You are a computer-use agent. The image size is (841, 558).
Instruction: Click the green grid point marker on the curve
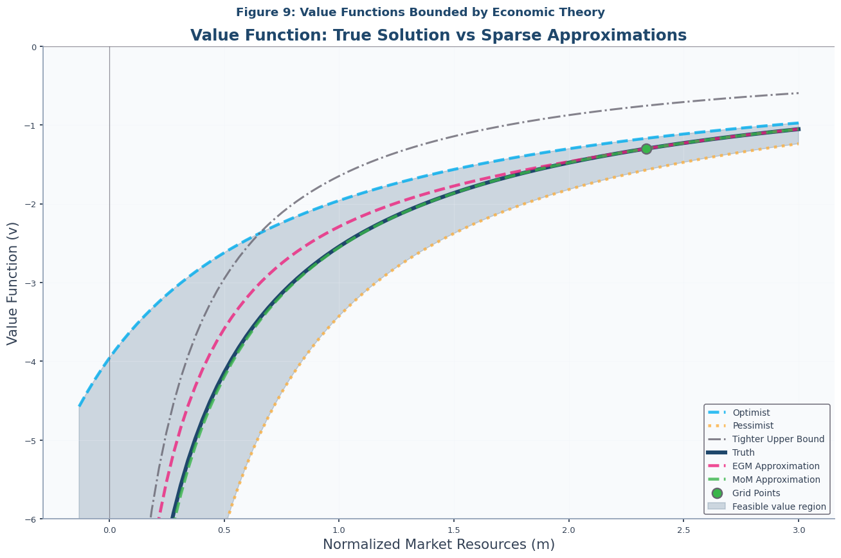646,149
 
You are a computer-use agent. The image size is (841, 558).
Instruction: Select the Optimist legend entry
751,413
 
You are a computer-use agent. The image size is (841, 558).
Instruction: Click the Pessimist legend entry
752,426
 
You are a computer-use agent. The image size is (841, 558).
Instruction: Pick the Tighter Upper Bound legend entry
778,440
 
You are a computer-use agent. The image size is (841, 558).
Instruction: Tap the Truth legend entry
743,452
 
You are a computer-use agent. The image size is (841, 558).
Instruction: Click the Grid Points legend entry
756,493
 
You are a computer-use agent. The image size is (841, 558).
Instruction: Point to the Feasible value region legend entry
779,507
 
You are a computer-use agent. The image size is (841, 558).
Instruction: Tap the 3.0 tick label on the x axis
798,530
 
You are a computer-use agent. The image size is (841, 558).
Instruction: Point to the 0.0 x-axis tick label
109,530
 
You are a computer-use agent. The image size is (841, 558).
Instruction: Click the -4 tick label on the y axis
32,361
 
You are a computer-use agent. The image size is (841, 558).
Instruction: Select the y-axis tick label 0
35,47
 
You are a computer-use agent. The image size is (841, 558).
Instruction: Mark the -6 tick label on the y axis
32,519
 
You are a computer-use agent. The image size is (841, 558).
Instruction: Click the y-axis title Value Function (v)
13,283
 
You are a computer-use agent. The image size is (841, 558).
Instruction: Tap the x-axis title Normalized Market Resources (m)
439,544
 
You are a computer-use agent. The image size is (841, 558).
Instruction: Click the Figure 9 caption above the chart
420,12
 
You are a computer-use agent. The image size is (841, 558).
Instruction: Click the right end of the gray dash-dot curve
797,93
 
